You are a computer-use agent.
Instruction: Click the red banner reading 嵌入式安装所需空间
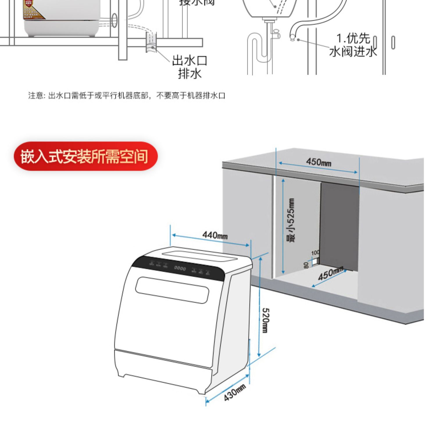tap(85, 156)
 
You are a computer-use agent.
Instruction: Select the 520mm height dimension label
tap(266, 320)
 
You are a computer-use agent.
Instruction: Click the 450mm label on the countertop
tap(319, 162)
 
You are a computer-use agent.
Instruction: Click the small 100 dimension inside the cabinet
tap(315, 253)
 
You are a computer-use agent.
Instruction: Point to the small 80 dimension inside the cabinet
tap(306, 265)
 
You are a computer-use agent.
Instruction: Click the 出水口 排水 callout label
tap(190, 67)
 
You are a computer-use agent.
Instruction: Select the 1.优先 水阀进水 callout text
tap(353, 45)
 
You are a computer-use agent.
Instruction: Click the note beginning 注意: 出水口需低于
tap(127, 95)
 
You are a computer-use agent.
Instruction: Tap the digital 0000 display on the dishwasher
tap(180, 268)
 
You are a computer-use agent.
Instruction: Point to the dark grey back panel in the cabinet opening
tap(339, 224)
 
